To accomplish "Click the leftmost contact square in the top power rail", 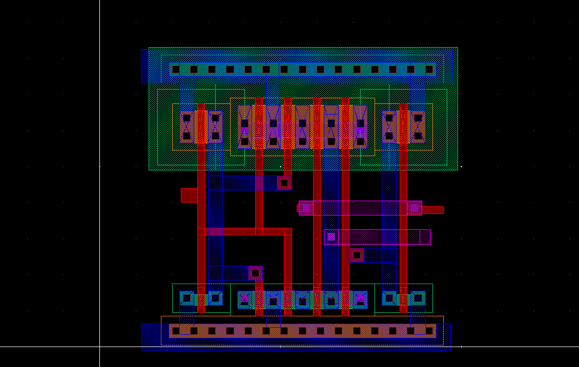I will click(176, 69).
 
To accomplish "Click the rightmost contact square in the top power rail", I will click(429, 69).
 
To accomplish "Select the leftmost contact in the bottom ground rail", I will click(176, 331).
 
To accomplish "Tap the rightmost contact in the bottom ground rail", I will click(429, 331).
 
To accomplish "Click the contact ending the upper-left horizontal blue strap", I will click(284, 183).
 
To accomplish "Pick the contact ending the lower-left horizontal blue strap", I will click(255, 273).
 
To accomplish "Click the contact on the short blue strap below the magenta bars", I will click(357, 255).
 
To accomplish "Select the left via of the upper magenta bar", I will click(306, 208).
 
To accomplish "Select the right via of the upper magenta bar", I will click(414, 208).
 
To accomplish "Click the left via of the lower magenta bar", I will click(332, 236).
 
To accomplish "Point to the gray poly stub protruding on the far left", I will click(189, 195).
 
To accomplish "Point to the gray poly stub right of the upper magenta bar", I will click(433, 210).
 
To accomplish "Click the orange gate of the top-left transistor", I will click(201, 126).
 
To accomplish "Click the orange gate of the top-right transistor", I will click(403, 126).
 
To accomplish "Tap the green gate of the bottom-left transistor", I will click(201, 299).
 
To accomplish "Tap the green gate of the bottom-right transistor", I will click(403, 299).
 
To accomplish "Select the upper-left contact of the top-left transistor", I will click(187, 118).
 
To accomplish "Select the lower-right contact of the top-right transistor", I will click(418, 136).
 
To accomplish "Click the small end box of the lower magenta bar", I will click(425, 236).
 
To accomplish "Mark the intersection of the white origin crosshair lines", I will click(99, 347).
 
